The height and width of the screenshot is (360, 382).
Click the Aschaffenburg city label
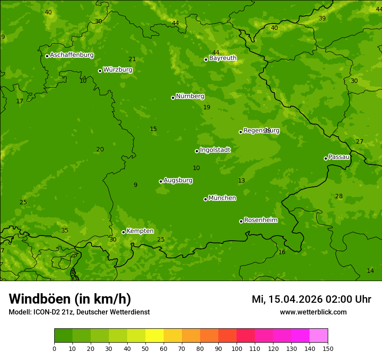(72, 55)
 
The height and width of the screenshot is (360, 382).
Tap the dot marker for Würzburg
(100, 71)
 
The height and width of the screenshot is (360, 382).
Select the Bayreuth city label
(223, 58)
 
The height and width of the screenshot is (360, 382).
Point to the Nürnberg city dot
(173, 98)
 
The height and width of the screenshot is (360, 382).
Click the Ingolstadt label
(215, 150)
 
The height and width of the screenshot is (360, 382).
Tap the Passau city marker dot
(326, 158)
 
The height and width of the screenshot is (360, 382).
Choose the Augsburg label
(178, 180)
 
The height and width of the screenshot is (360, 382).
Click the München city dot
(205, 199)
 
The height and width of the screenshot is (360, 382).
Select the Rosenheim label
(260, 220)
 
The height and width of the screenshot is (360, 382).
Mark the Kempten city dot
(123, 232)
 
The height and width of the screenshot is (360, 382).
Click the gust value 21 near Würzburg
(132, 59)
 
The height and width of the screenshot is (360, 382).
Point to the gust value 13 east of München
(241, 181)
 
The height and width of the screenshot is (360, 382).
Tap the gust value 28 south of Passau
(339, 196)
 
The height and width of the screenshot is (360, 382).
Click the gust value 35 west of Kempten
(65, 231)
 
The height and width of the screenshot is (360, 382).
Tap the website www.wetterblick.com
(313, 312)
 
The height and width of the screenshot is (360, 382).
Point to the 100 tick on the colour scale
(237, 348)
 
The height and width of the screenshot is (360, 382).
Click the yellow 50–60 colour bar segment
(155, 336)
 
